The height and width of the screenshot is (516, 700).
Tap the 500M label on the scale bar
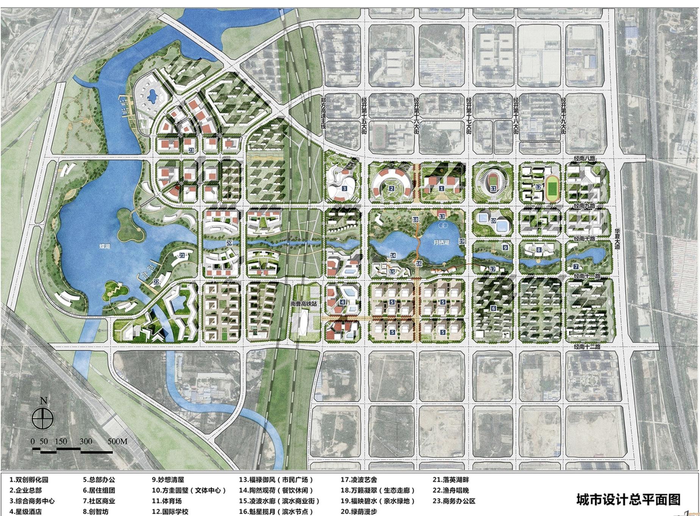[x=117, y=441]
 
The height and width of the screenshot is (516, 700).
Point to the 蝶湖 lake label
[x=105, y=246]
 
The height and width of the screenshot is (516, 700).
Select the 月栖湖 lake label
[x=441, y=242]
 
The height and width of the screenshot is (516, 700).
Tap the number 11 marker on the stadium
[x=493, y=188]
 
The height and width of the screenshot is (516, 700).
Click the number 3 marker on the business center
[x=344, y=188]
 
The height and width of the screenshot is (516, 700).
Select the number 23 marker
[x=191, y=150]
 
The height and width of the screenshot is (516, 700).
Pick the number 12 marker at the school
[x=538, y=187]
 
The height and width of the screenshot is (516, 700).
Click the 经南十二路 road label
[x=587, y=347]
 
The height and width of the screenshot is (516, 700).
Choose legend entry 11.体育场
[x=167, y=501]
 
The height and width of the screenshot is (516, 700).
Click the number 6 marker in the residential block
[x=493, y=308]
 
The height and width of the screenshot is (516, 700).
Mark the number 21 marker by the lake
[x=182, y=255]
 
